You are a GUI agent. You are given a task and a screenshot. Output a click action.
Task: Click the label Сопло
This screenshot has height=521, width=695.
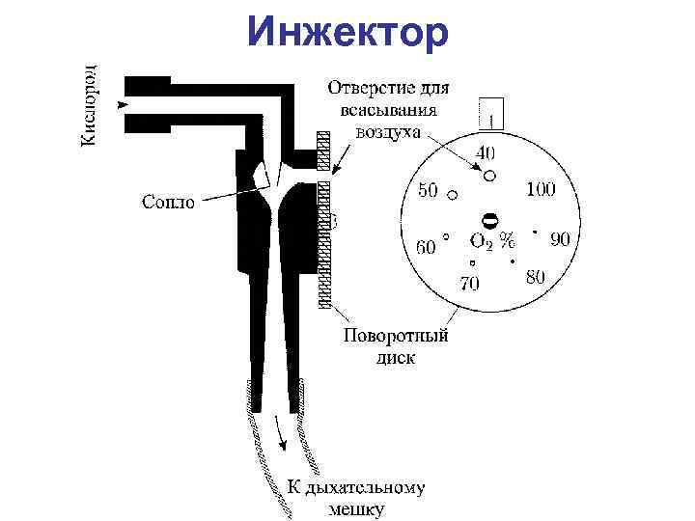pyautogui.click(x=168, y=202)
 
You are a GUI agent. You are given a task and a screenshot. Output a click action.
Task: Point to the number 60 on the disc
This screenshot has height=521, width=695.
pyautogui.click(x=426, y=247)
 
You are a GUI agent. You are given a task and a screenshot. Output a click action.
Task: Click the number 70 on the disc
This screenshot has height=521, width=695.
pyautogui.click(x=470, y=284)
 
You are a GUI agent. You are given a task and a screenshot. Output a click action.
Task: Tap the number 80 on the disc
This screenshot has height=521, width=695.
pyautogui.click(x=535, y=277)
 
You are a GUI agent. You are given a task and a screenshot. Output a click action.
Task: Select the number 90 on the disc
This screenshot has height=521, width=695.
pyautogui.click(x=560, y=236)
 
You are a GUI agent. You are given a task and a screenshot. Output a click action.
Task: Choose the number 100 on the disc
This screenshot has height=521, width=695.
pyautogui.click(x=540, y=189)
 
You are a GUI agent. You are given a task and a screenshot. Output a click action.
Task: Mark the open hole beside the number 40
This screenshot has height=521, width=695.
pyautogui.click(x=489, y=176)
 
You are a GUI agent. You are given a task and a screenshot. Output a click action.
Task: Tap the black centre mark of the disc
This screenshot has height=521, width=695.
pyautogui.click(x=489, y=221)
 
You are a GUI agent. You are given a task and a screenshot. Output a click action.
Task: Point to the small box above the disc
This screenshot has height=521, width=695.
pyautogui.click(x=491, y=113)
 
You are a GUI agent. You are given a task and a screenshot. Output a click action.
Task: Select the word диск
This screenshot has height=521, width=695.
pyautogui.click(x=394, y=357)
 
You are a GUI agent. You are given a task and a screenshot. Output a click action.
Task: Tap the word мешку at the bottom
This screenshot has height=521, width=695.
pyautogui.click(x=356, y=509)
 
